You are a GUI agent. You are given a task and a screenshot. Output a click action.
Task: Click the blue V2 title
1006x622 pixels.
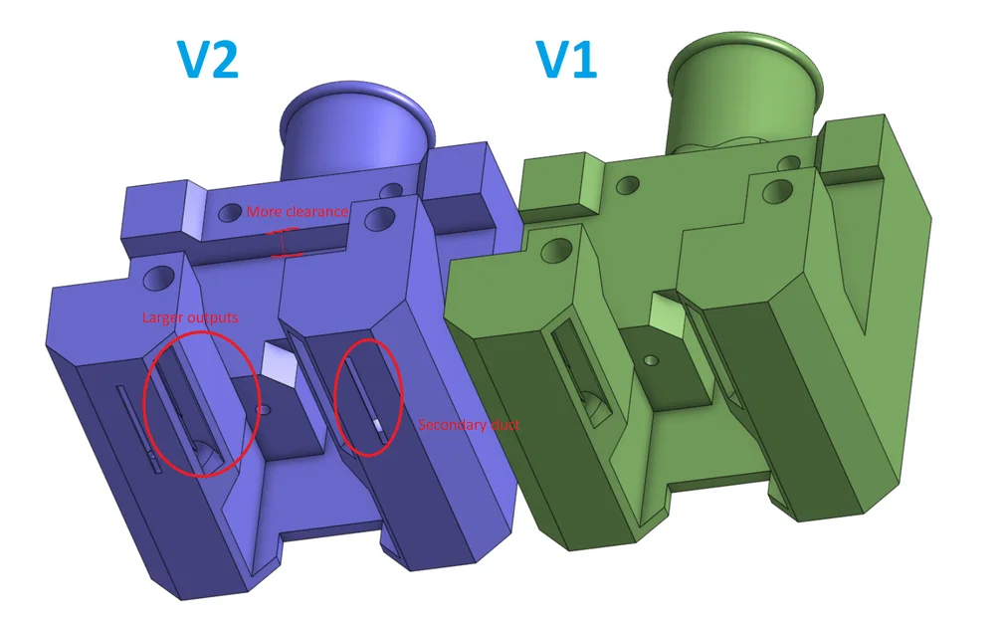click(208, 61)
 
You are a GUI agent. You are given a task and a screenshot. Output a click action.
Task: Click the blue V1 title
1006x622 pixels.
click(567, 61)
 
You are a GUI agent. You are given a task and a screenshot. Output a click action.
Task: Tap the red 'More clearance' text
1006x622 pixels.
click(298, 212)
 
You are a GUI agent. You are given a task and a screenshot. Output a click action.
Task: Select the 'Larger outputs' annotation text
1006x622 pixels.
click(190, 317)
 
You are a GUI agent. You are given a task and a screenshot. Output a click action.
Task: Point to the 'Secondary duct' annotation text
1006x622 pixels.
click(469, 425)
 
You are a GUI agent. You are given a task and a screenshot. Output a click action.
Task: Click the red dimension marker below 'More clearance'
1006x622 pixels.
click(287, 243)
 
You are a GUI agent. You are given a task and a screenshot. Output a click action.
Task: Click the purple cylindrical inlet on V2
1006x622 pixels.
click(358, 130)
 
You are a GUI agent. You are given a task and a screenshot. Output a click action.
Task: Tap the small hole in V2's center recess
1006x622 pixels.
click(264, 409)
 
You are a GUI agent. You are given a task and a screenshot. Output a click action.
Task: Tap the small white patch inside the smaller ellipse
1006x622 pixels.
click(377, 425)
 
